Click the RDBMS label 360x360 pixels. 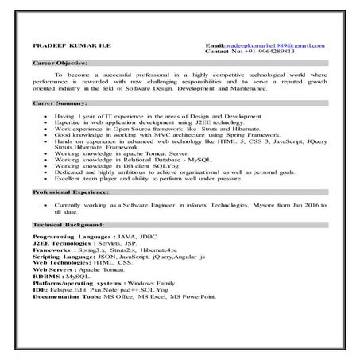(45, 276)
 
